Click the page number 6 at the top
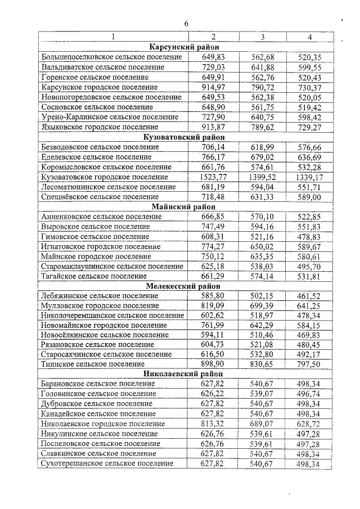pos(186,23)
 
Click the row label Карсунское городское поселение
pos(100,87)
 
